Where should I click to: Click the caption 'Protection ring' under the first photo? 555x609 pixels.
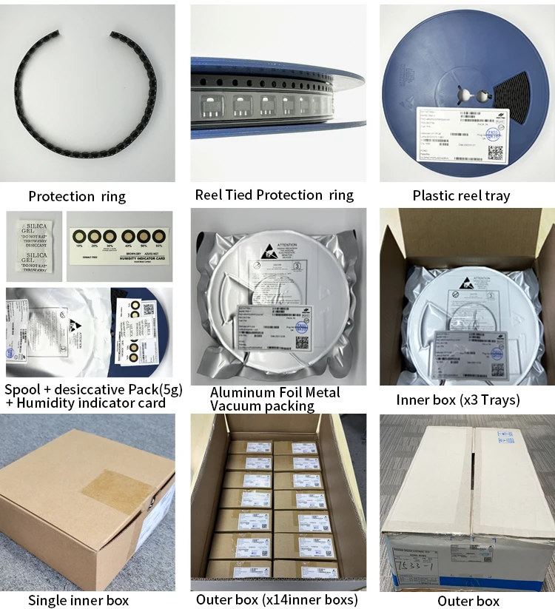pyautogui.click(x=77, y=196)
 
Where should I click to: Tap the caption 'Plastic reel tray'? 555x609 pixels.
pyautogui.click(x=461, y=196)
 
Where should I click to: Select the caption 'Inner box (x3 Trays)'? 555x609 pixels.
pyautogui.click(x=457, y=400)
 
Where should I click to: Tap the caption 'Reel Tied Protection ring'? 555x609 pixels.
pyautogui.click(x=275, y=195)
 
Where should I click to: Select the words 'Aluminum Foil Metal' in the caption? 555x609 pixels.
pyautogui.click(x=275, y=392)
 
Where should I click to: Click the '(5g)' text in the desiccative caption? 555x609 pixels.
pyautogui.click(x=166, y=390)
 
